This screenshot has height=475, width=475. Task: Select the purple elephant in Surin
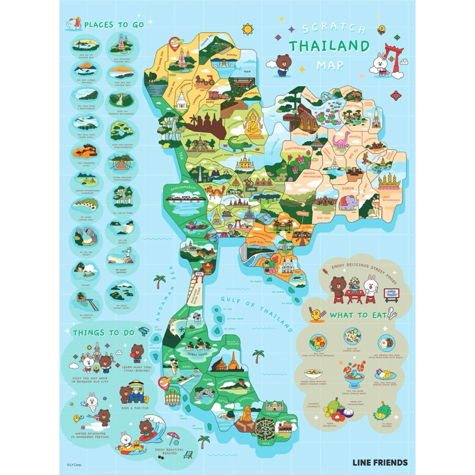[351, 201]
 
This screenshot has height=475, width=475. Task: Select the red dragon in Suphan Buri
[216, 191]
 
